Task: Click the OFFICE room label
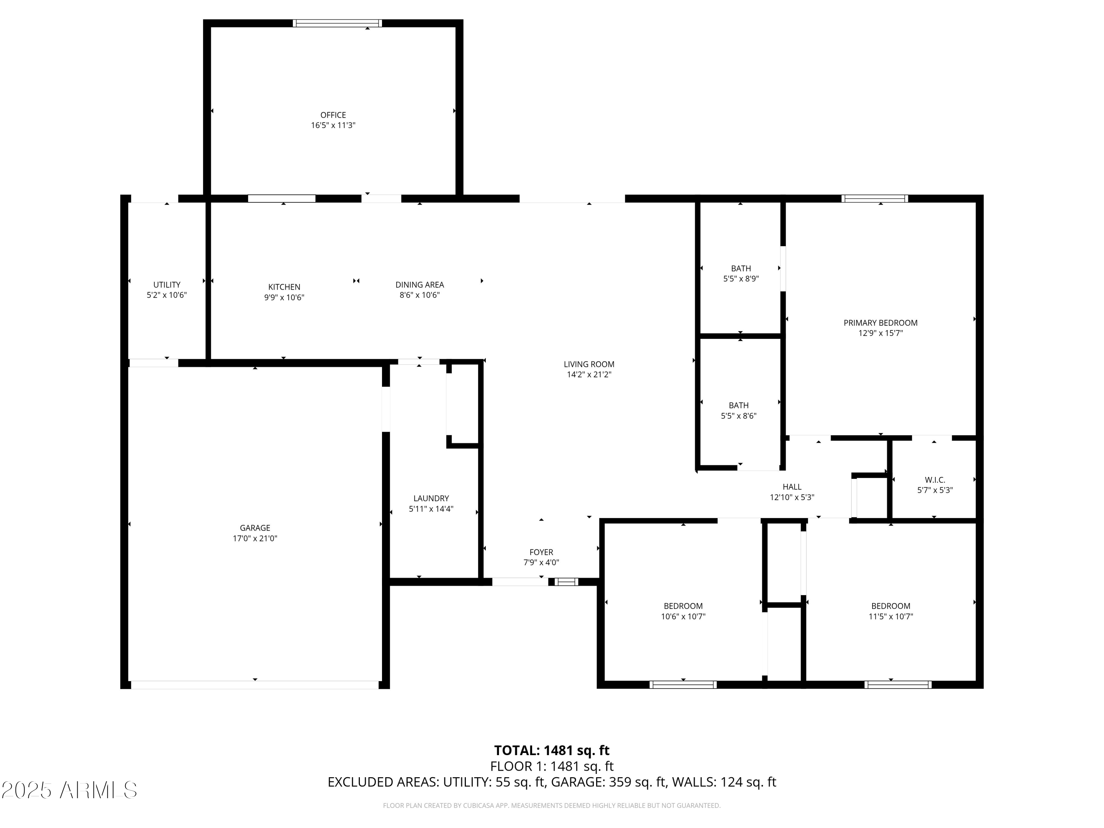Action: point(333,115)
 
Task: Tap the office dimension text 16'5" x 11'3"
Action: point(333,125)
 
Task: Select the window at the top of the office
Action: point(337,23)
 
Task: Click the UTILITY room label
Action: point(167,284)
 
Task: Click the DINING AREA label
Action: point(419,284)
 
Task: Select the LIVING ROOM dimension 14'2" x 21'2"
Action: point(589,374)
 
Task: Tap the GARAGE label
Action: point(255,528)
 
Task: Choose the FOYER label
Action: point(541,552)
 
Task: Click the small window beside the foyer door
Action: point(566,581)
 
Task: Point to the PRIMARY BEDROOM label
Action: point(880,322)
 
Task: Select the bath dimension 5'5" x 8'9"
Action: point(741,279)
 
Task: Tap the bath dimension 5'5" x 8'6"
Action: point(739,416)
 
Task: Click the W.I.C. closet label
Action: point(935,480)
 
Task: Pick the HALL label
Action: point(792,486)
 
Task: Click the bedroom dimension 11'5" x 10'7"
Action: point(891,616)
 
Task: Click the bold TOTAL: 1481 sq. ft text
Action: point(552,750)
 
